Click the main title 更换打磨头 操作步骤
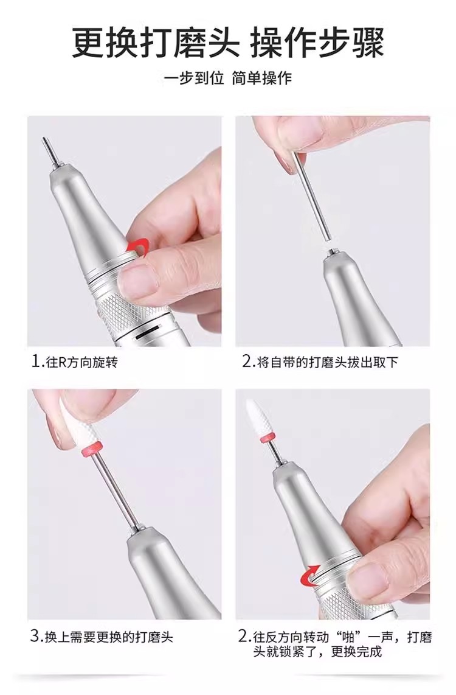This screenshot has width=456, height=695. [227, 43]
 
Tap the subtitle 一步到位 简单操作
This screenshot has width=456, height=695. [228, 79]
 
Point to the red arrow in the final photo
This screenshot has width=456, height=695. [310, 574]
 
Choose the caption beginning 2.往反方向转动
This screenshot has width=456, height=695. [334, 644]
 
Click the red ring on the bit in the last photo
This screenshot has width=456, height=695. [266, 439]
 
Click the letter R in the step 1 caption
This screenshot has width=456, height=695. [63, 362]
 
